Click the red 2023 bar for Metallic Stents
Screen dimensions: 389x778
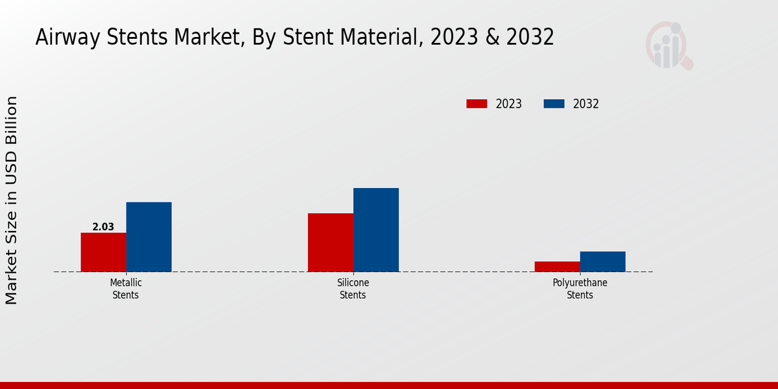[x=103, y=252]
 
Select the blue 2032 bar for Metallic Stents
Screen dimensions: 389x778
[x=148, y=237]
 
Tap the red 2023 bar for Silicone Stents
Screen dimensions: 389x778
[x=331, y=242]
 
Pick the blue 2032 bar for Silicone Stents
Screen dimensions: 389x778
[x=376, y=230]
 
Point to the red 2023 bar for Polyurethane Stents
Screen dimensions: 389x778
[x=558, y=266]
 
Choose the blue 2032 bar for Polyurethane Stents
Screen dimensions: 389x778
[x=603, y=261]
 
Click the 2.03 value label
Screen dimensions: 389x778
[x=103, y=227]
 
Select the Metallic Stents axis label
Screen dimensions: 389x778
[x=126, y=289]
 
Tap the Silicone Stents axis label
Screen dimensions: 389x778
[x=353, y=289]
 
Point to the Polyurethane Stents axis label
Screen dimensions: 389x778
[x=580, y=289]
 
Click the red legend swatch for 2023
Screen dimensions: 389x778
[x=477, y=104]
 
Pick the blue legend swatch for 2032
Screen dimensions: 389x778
[x=554, y=104]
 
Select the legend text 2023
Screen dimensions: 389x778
[x=509, y=104]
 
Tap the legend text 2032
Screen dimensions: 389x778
[x=586, y=104]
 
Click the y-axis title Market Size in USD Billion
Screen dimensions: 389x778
[x=12, y=200]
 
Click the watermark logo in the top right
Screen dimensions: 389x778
[x=669, y=45]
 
